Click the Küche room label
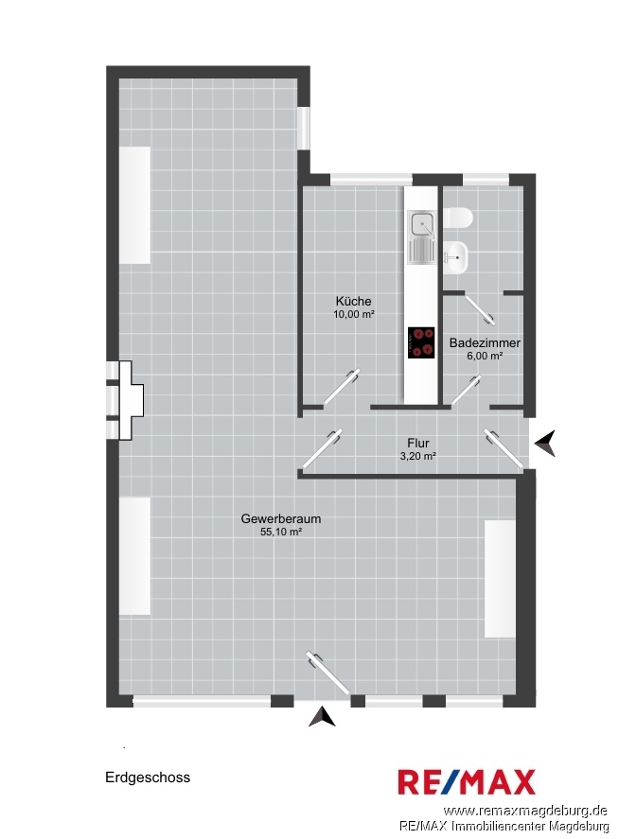point(353,301)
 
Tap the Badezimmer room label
point(485,342)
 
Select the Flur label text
point(417,443)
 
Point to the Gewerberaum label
point(280,518)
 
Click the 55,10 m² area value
point(280,532)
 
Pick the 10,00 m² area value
point(353,314)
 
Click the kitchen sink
point(422,237)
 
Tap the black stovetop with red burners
point(421,343)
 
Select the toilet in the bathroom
point(458,218)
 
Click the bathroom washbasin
point(455,257)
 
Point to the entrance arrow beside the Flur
point(545,444)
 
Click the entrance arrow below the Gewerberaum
point(322,716)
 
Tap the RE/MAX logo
point(467,782)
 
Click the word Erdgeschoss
point(148,778)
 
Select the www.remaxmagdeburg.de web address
point(525,811)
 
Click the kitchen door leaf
point(341,386)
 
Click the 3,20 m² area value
point(417,456)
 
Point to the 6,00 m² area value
point(485,356)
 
